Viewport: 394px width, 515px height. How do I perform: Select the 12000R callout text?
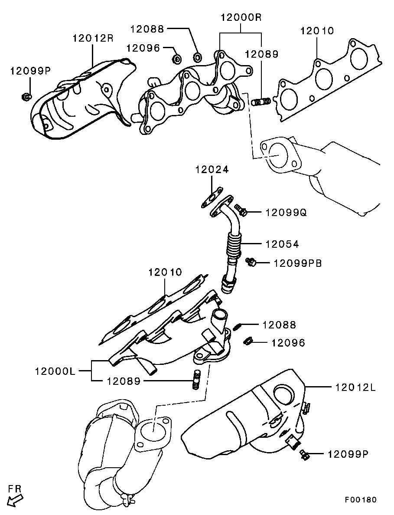(x=241, y=18)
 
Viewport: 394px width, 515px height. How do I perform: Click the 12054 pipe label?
(x=282, y=244)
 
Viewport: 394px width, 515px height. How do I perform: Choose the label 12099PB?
(x=297, y=263)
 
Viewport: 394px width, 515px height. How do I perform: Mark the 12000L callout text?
(x=55, y=371)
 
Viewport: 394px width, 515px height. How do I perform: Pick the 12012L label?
(x=355, y=387)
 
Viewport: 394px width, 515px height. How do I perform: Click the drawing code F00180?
(x=361, y=499)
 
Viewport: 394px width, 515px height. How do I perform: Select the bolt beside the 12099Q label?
(x=241, y=210)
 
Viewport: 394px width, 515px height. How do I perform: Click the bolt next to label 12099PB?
(x=251, y=261)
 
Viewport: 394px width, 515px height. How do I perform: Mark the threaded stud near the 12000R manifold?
(x=261, y=102)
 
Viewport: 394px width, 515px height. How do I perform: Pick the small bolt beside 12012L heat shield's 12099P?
(x=304, y=454)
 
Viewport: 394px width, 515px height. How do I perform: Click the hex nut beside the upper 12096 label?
(x=176, y=58)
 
